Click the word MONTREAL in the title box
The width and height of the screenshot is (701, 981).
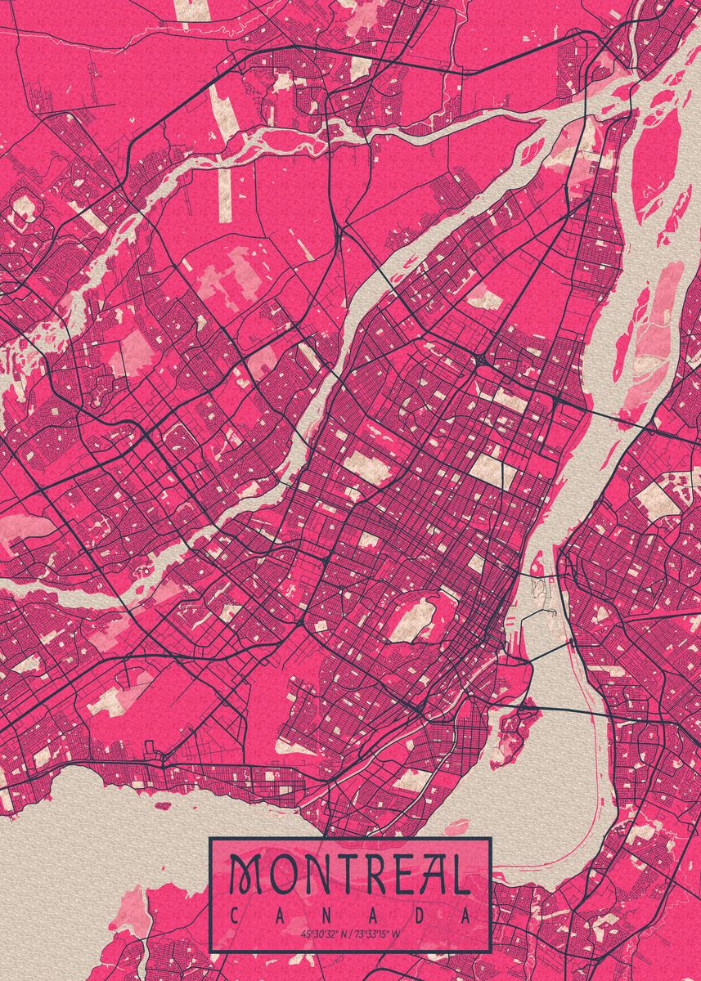[x=349, y=876]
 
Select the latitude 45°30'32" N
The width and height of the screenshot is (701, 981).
[x=324, y=933]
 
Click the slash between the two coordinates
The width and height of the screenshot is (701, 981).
[x=350, y=933]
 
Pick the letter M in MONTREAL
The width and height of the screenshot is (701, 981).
[x=244, y=876]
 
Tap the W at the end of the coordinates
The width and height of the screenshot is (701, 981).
[x=398, y=933]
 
